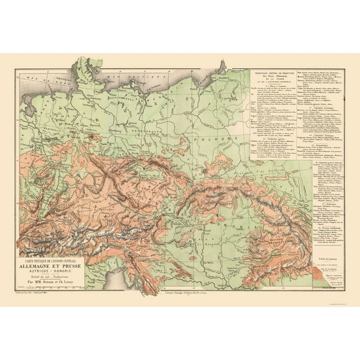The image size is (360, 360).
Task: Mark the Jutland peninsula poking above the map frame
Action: (x=81, y=63)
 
